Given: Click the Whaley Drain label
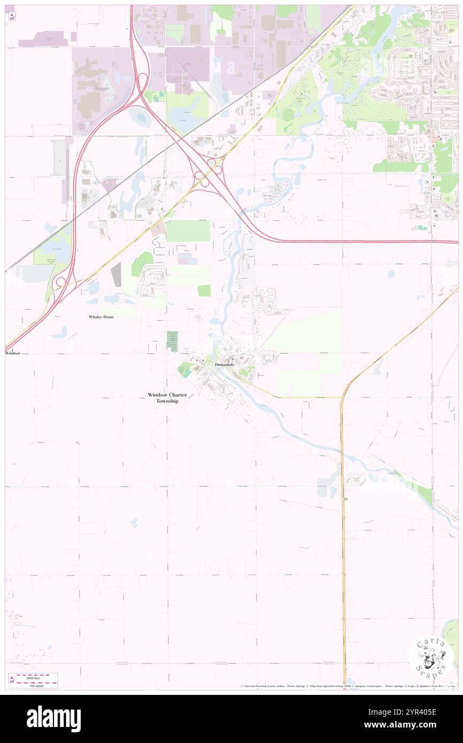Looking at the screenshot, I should coord(101,317).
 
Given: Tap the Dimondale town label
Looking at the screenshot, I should coord(225,365).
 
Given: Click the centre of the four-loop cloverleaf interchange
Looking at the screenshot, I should coord(209,172).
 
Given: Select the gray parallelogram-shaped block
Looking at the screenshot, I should coord(116,274).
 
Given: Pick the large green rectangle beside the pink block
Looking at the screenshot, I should coord(188,230).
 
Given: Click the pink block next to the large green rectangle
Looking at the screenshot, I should coord(158,230).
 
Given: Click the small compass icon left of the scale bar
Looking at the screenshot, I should coord(11,679).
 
